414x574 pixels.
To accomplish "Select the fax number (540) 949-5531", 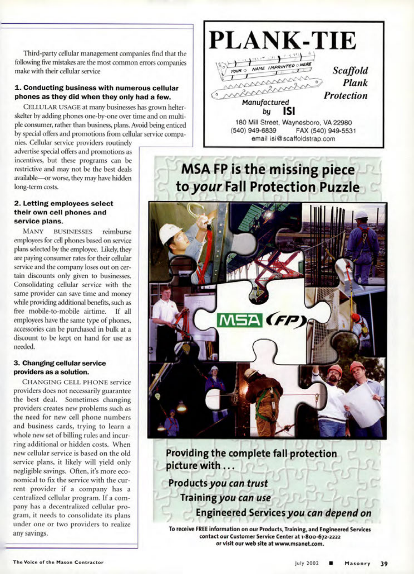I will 326,131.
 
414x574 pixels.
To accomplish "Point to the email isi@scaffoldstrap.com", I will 293,139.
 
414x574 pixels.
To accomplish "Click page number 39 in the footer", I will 384,564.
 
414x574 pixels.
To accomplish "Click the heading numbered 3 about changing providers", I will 60,367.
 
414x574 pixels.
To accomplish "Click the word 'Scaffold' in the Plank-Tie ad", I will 350,70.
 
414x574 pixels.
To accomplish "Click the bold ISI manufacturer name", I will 289,111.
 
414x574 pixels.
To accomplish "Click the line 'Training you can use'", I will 226,498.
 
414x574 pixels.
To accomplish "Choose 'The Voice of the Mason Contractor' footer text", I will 58,562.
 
